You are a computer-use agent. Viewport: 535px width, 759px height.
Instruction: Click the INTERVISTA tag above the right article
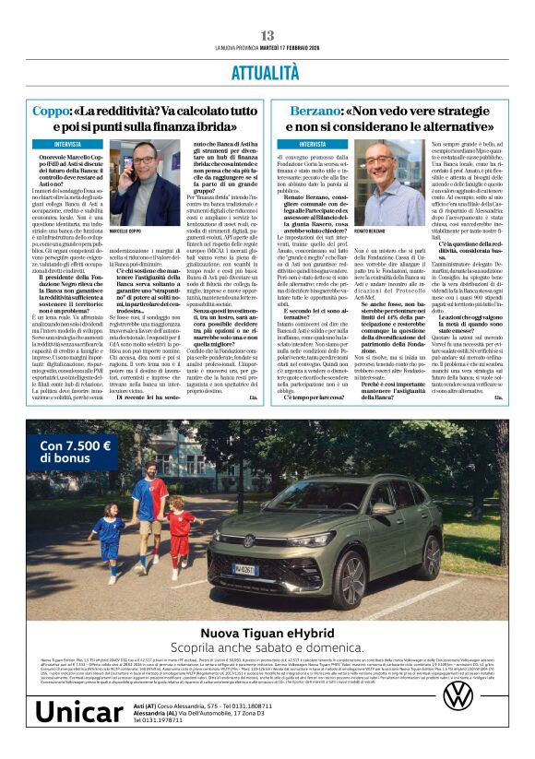point(312,146)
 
